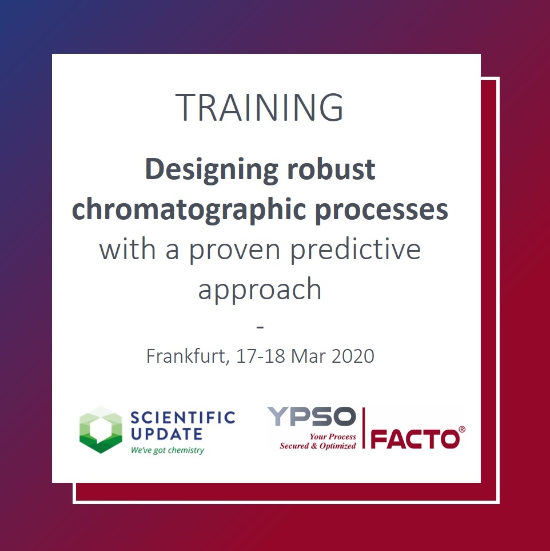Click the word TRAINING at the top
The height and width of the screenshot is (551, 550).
click(260, 107)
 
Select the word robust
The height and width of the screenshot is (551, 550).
click(331, 169)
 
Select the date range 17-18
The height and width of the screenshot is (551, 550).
click(260, 356)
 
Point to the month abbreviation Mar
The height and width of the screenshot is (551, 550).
click(308, 356)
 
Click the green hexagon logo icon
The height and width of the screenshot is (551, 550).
click(101, 430)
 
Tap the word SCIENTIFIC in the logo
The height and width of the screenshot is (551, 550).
click(182, 418)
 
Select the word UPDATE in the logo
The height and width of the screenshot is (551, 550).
click(166, 434)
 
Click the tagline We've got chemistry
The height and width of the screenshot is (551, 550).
click(167, 450)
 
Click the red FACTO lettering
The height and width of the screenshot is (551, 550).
click(415, 439)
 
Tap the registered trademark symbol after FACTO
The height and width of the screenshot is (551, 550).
click(462, 430)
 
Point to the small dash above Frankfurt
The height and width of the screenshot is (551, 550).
click(260, 327)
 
